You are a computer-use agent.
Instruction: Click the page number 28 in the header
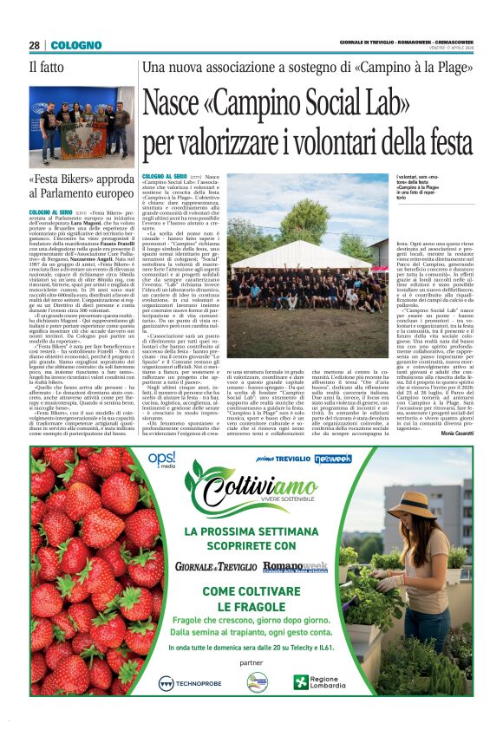point(34,45)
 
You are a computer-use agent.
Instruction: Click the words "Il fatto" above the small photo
point(46,67)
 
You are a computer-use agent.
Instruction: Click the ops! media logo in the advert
point(161,458)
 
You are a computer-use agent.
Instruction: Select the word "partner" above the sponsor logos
point(252,662)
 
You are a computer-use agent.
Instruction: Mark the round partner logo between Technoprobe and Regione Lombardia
point(257,682)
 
